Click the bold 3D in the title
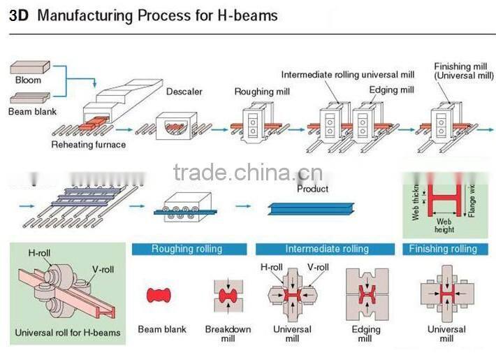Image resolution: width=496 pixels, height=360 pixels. [20, 15]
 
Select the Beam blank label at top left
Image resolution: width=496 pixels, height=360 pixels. [32, 111]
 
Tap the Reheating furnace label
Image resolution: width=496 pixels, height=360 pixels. [89, 145]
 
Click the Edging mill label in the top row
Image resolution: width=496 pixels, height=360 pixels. [391, 90]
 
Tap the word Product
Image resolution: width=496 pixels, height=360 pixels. [312, 189]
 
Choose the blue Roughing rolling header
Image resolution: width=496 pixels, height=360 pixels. [189, 249]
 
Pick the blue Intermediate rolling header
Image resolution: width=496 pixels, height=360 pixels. [326, 249]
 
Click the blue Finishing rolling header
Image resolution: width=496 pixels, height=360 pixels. [443, 249]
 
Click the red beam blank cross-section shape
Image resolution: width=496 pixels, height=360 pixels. [159, 295]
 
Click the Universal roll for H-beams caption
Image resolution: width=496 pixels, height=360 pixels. [68, 332]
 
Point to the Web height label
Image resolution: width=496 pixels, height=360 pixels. [444, 225]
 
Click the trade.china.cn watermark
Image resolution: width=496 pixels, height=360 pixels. [247, 172]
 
